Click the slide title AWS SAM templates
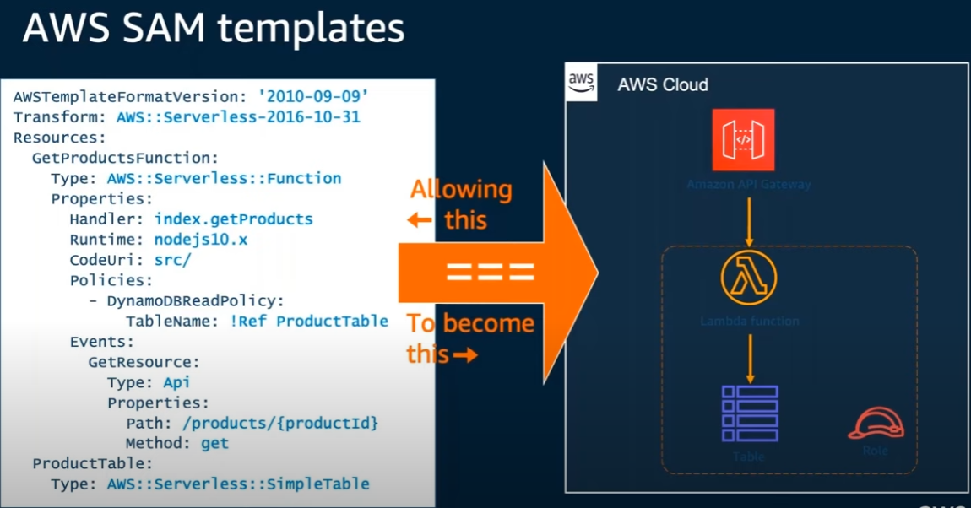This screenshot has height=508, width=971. [x=213, y=29]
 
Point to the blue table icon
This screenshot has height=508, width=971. [x=749, y=413]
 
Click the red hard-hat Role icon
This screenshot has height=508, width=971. [x=875, y=424]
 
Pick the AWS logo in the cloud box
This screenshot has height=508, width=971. [x=582, y=83]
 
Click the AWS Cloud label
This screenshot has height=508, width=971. [x=663, y=85]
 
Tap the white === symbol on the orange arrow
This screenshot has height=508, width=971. [x=491, y=272]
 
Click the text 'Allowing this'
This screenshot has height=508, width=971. [x=460, y=204]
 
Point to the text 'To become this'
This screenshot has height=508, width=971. [x=469, y=338]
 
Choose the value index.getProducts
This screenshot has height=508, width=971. [x=233, y=219]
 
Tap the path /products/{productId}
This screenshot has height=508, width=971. [x=269, y=422]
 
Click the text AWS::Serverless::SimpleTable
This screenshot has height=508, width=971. [x=238, y=484]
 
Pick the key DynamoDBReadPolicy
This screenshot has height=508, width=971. [x=195, y=300]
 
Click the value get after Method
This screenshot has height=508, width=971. [x=214, y=442]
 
